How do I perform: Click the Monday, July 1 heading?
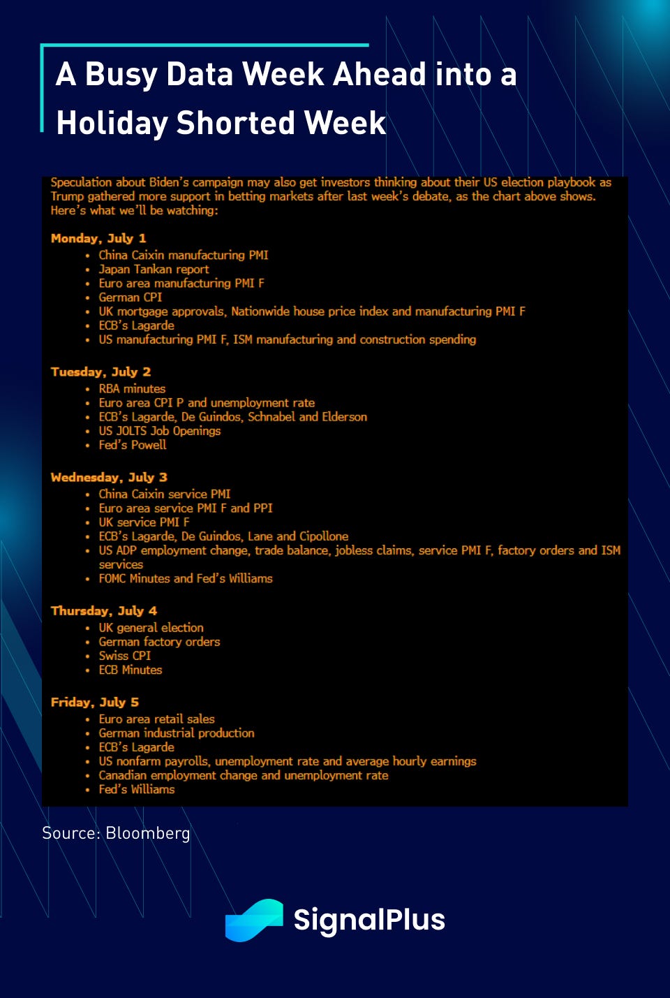(98, 238)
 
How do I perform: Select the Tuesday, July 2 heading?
(100, 372)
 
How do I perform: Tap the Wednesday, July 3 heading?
(109, 477)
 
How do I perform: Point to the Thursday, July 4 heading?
(104, 610)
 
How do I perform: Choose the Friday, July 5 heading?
(95, 702)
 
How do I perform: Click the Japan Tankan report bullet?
(154, 269)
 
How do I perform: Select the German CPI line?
(131, 297)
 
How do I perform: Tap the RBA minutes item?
(132, 388)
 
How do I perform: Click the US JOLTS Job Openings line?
(160, 431)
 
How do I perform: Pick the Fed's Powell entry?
(133, 445)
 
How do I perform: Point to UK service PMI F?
(144, 522)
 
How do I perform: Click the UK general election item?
(151, 628)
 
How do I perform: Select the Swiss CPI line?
(125, 656)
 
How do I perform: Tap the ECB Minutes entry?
(131, 670)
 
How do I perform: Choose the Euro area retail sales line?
(157, 719)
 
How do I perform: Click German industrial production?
(177, 733)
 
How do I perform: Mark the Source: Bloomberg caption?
(116, 833)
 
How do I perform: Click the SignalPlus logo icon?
(254, 920)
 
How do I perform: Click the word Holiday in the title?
(112, 123)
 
